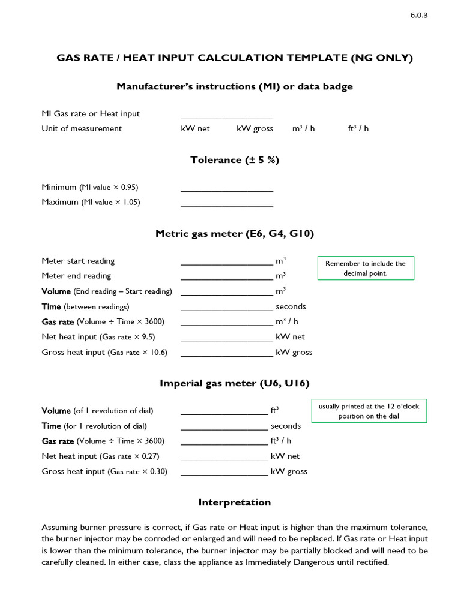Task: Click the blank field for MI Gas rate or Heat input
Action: [227, 114]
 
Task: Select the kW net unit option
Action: [196, 128]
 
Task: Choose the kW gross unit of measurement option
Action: [255, 128]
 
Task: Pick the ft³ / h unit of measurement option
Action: [358, 128]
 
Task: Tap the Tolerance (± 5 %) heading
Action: [235, 160]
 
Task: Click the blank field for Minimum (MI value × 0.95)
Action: [227, 188]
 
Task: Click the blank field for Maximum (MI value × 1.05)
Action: [227, 203]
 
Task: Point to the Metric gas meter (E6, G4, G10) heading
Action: [235, 234]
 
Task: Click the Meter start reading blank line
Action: [227, 261]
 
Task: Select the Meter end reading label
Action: [76, 276]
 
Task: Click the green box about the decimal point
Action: [365, 268]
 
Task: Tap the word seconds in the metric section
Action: [291, 306]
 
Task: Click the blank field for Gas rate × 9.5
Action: [227, 337]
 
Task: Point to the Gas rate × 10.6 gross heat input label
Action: [104, 352]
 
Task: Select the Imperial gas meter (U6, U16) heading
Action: [235, 383]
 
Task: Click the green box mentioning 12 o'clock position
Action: [369, 411]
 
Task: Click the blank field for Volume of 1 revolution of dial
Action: [224, 411]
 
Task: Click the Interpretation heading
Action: [235, 502]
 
